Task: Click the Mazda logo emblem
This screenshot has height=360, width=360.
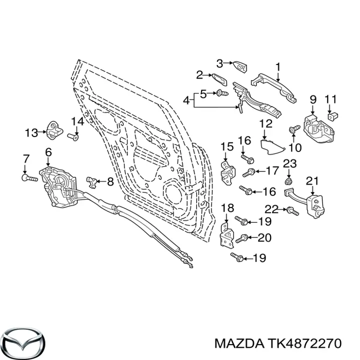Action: [x=25, y=342]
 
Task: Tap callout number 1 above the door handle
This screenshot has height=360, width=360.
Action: [x=278, y=67]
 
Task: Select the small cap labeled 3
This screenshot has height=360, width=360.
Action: [x=240, y=67]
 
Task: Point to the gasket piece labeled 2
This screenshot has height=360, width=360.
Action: [x=219, y=79]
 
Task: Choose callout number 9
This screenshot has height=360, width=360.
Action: [x=313, y=99]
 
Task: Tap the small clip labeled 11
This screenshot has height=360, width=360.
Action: [x=332, y=116]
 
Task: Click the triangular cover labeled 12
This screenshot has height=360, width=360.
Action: [x=272, y=147]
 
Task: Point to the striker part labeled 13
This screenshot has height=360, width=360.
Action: [x=54, y=130]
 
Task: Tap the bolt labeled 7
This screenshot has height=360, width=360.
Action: [x=29, y=178]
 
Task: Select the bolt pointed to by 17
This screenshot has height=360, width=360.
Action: [x=248, y=172]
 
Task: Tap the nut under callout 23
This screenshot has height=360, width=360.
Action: [x=288, y=181]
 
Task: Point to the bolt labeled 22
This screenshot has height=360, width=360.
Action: [x=292, y=211]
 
